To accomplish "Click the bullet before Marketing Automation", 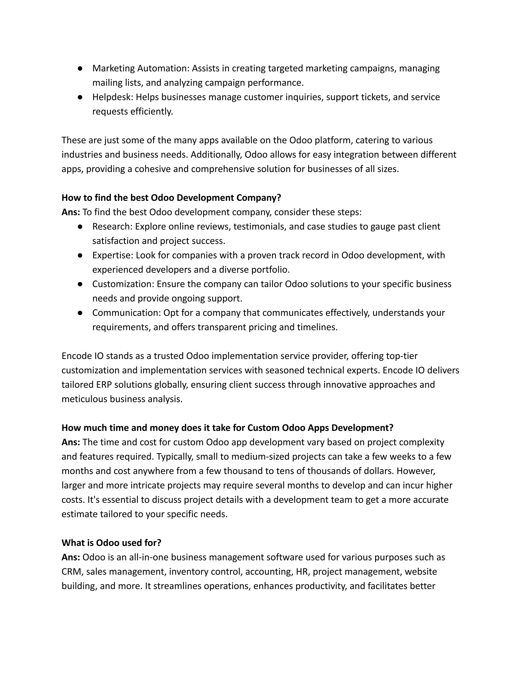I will point(80,69).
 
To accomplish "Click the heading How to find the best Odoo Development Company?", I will point(171,197).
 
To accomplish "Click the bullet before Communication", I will point(80,313).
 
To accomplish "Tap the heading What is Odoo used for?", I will point(111,543).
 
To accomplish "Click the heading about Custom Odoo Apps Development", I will point(227,428).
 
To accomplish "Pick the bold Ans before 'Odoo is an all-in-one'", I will point(71,557).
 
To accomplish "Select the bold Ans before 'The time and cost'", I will point(71,442).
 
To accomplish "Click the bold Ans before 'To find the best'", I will point(71,212).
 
